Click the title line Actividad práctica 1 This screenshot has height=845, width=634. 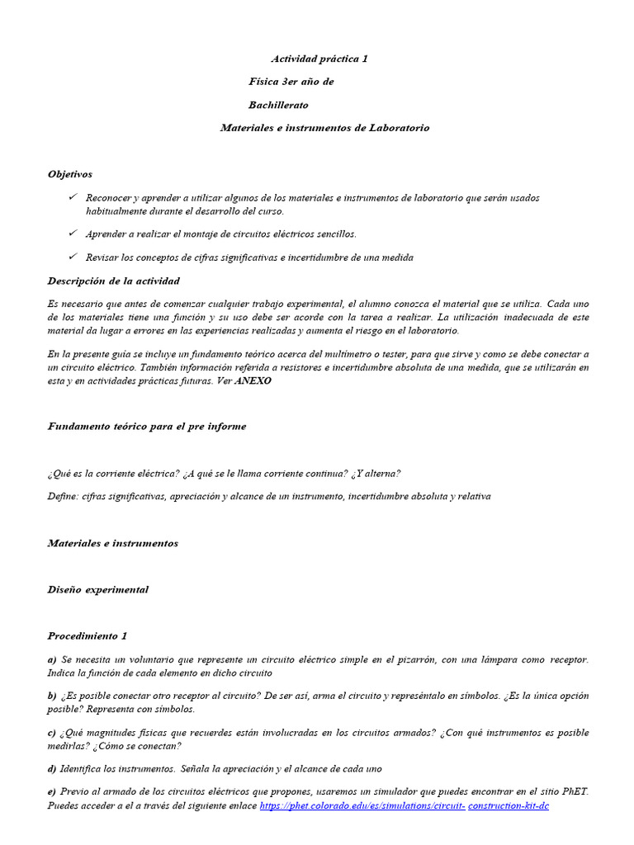point(319,59)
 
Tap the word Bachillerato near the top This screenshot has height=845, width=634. point(278,105)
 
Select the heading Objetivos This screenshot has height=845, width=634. point(70,174)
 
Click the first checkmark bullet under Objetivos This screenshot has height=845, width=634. point(72,197)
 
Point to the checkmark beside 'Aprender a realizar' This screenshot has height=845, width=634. point(72,234)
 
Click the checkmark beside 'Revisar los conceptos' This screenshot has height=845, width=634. point(72,257)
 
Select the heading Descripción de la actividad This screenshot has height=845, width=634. point(113,281)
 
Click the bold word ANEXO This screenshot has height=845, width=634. point(253,380)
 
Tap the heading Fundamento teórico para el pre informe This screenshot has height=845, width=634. point(146,427)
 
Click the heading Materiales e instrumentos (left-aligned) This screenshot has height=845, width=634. point(112,543)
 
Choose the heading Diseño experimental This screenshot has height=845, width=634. point(97,589)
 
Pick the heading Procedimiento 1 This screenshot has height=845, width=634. point(88,635)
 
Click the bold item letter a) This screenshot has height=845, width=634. point(52,659)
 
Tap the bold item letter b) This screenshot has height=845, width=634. point(52,696)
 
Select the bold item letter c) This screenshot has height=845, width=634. point(52,732)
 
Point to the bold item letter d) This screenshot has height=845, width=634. point(52,768)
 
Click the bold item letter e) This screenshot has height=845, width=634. point(52,791)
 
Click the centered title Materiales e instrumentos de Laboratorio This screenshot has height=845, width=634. point(324,128)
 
